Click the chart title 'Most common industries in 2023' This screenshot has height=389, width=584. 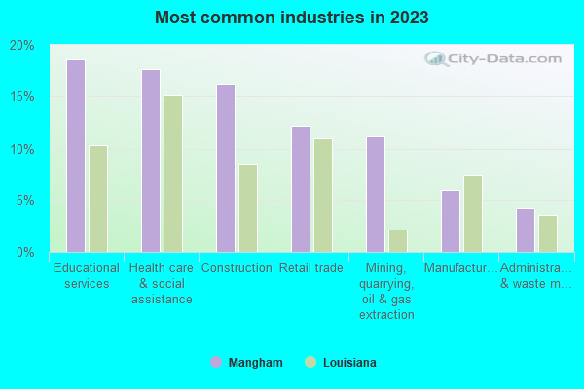pos(291,18)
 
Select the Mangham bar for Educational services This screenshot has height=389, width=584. pos(76,157)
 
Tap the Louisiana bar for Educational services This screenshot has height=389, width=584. pos(98,199)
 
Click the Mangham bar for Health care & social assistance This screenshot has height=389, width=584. pos(151,161)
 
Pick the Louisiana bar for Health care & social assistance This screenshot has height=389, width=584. pos(173,174)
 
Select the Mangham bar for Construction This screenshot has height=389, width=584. pos(226,168)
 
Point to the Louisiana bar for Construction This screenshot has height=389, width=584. pos(248,209)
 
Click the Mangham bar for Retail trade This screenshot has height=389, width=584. pos(301,190)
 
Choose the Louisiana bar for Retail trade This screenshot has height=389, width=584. pos(323,195)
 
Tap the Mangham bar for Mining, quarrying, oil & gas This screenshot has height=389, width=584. pos(376,194)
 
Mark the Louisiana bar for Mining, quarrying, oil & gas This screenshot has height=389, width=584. pos(398,241)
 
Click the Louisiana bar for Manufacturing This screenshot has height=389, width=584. pos(473,214)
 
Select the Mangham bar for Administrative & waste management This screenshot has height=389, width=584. pos(526,230)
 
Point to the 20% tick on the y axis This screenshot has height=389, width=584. pos(22,46)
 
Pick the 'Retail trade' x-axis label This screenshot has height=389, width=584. pos(310,268)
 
